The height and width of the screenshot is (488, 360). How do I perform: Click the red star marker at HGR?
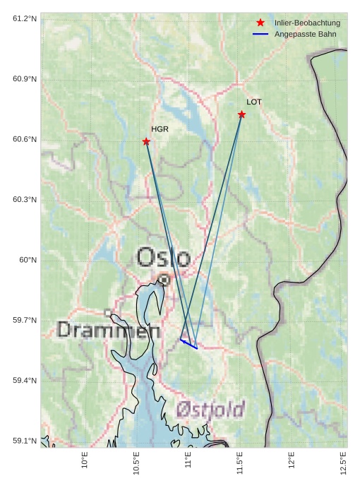click(146, 141)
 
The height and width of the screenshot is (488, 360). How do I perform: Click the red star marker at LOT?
click(241, 114)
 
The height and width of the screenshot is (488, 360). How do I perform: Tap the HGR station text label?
click(160, 129)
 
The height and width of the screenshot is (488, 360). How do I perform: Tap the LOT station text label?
click(254, 102)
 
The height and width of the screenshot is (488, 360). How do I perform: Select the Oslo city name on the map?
click(163, 257)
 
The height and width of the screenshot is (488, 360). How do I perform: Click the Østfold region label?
click(210, 409)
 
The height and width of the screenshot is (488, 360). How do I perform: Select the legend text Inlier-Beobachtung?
click(307, 23)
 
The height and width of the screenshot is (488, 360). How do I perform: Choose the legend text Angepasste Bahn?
click(306, 34)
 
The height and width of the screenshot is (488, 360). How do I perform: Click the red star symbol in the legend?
click(260, 23)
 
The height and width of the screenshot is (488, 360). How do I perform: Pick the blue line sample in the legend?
click(260, 34)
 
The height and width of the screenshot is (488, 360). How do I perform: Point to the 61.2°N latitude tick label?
click(24, 18)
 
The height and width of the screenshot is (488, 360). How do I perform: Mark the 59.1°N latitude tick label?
click(24, 441)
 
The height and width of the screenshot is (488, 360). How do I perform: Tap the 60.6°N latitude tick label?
click(24, 139)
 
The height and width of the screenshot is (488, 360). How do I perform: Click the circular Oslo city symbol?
click(164, 280)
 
